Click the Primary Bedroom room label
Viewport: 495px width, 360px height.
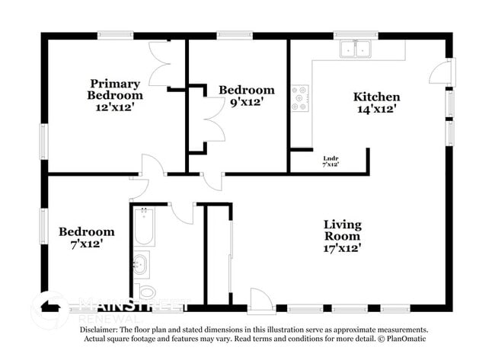(x=115, y=89)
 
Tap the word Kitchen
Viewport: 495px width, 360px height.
(x=376, y=97)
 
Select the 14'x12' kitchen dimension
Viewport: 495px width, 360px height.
(x=376, y=109)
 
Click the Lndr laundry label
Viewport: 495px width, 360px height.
(x=331, y=158)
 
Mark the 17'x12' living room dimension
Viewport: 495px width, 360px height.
(x=342, y=247)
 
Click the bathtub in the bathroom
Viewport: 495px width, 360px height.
(x=143, y=226)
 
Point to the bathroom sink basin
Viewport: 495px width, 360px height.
(x=141, y=265)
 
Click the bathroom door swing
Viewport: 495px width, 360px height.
(x=183, y=213)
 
